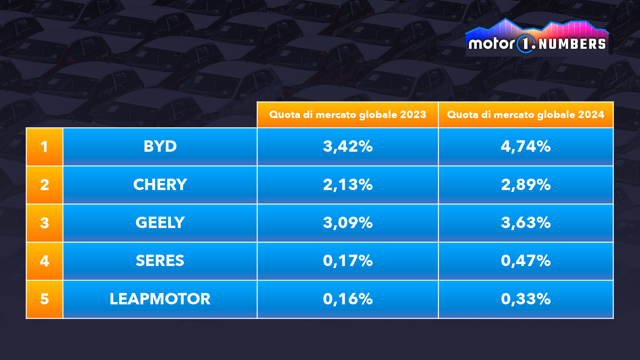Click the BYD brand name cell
[x=160, y=146]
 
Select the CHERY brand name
[x=160, y=185]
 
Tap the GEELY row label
[x=160, y=223]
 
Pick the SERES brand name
[x=160, y=261]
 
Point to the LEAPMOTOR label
[x=160, y=299]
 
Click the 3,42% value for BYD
[x=348, y=146]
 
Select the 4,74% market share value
[x=526, y=146]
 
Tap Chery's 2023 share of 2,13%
[x=348, y=185]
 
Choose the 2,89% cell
[x=526, y=185]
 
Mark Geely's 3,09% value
[x=348, y=223]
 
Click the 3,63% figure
[x=526, y=223]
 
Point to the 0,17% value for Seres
[x=348, y=261]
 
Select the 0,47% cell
[x=526, y=261]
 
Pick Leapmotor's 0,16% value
[x=348, y=299]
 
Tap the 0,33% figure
[x=526, y=299]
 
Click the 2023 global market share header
[x=348, y=115]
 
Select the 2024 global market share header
[x=526, y=115]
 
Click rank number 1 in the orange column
[x=44, y=147]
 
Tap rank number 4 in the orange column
[x=44, y=261]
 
